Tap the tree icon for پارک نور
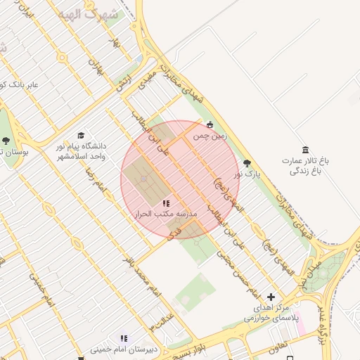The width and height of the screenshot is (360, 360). pos(246,163)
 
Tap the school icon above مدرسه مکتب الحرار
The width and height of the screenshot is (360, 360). pos(166,203)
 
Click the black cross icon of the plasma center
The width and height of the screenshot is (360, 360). pos(271,297)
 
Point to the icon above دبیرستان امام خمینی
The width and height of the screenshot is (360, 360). pos(124,338)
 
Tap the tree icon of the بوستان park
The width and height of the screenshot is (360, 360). pos(6,141)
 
